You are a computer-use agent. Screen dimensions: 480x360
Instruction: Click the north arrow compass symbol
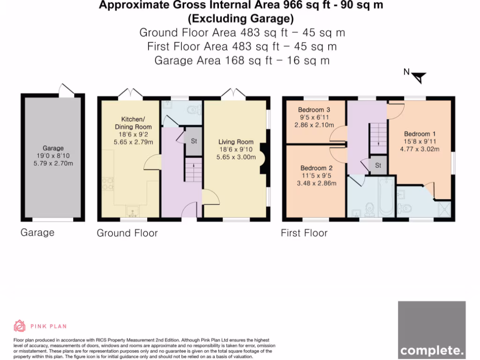419,77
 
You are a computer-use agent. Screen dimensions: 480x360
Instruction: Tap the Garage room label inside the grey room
53,148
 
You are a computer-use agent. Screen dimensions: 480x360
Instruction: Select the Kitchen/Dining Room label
133,123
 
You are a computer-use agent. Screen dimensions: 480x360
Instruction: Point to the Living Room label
236,142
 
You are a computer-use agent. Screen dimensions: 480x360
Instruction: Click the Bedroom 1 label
420,134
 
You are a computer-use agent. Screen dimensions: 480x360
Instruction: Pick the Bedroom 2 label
316,168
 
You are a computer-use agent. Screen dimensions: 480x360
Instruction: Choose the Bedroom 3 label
314,110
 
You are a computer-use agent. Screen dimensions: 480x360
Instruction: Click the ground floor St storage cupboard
194,141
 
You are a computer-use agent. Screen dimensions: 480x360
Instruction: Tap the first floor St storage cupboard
378,165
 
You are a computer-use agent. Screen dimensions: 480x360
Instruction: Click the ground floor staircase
193,170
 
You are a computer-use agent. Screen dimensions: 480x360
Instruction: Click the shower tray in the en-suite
443,210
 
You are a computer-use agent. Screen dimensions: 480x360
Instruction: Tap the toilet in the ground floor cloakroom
195,109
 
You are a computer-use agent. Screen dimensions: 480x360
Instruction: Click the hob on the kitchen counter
107,184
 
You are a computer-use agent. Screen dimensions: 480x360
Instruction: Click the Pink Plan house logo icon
19,326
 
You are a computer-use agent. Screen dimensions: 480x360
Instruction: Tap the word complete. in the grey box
432,350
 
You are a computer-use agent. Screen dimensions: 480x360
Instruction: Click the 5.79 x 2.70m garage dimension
53,164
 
